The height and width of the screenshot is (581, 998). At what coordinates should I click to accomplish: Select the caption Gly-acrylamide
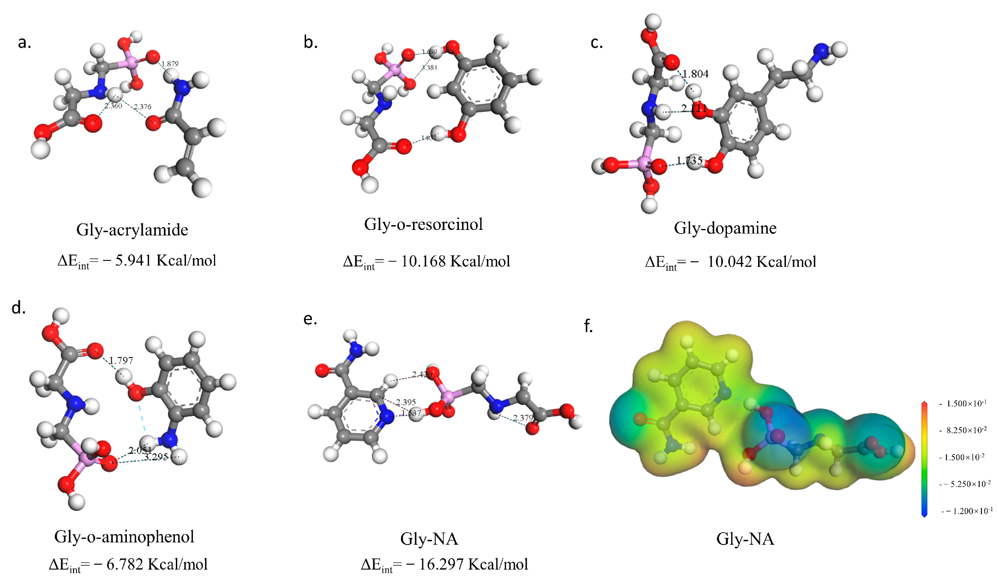click(x=132, y=230)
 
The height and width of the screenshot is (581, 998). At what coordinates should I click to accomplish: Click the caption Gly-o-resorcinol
click(x=423, y=224)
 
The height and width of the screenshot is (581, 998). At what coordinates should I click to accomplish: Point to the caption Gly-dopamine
click(x=725, y=228)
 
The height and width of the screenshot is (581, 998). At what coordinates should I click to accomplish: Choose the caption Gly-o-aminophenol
click(x=124, y=537)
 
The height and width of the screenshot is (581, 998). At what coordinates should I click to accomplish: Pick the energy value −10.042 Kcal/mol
click(x=761, y=262)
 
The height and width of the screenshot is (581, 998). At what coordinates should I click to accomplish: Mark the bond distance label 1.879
click(x=170, y=64)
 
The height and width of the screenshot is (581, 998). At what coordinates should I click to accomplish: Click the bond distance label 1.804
click(x=695, y=74)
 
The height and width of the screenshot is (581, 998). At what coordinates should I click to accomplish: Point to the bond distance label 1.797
click(x=121, y=361)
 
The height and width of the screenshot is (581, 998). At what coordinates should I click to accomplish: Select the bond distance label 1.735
click(x=689, y=161)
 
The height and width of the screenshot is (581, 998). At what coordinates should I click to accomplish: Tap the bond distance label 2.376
click(x=142, y=107)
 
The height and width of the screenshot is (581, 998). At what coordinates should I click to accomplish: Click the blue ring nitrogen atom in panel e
click(x=386, y=416)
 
